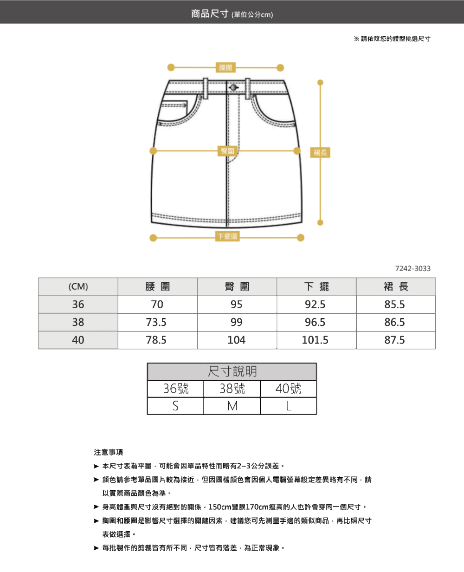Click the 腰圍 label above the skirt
(226, 68)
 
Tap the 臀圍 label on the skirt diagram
(227, 151)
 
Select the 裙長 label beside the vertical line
(320, 152)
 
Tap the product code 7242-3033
(412, 269)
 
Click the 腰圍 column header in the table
(158, 287)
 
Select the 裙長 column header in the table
(396, 287)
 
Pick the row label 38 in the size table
(78, 322)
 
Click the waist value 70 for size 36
(157, 305)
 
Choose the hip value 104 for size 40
(237, 340)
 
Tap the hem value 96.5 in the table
(315, 322)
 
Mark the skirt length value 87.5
(395, 340)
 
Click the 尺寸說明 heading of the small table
(232, 371)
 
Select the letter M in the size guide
(232, 406)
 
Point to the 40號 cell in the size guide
(288, 389)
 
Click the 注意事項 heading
(109, 452)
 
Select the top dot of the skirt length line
(320, 83)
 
